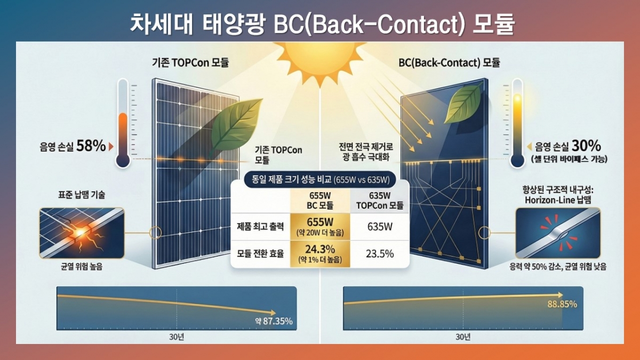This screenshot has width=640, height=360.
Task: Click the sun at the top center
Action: [x=320, y=61]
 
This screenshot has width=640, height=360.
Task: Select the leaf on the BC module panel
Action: [x=463, y=105]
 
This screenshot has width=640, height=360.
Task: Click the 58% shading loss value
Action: [x=91, y=146]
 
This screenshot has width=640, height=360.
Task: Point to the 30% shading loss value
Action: [x=586, y=146]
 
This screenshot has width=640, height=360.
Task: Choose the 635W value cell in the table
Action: [x=380, y=227]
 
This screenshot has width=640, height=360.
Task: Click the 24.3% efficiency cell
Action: [x=320, y=254]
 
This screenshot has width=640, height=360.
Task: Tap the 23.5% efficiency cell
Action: [x=380, y=254]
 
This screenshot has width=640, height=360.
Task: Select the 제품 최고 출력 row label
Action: [x=260, y=227]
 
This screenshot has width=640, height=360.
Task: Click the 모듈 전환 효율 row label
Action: [x=260, y=254]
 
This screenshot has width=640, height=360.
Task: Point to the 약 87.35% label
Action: [x=274, y=322]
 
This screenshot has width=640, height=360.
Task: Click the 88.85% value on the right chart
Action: [x=562, y=305]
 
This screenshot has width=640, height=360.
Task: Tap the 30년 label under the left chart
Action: [x=177, y=337]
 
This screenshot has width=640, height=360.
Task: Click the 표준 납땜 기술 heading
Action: [x=82, y=195]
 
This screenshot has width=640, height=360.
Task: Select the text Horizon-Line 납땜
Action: [x=558, y=200]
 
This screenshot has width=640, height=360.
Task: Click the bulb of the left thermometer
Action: [x=123, y=161]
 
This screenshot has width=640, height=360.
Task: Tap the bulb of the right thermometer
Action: [x=517, y=161]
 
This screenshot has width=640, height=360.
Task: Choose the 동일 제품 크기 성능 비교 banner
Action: [x=321, y=179]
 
